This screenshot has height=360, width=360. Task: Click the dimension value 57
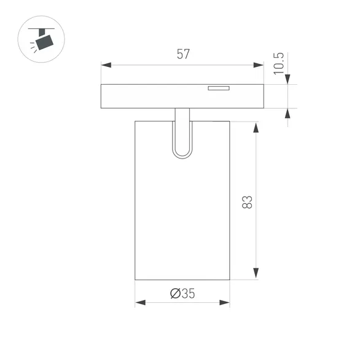point(182,54)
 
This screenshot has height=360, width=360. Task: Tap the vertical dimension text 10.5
point(280,63)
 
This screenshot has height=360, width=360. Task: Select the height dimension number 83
point(247,201)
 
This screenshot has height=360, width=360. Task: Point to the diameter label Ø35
point(182,294)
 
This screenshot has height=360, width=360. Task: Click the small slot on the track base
point(218,88)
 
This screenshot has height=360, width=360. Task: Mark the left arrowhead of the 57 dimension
point(105,65)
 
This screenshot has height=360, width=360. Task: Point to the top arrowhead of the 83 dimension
point(256,126)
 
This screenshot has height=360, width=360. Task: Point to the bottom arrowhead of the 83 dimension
point(256,275)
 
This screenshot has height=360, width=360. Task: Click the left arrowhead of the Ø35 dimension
point(139,302)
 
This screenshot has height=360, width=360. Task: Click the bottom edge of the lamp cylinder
point(182,280)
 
